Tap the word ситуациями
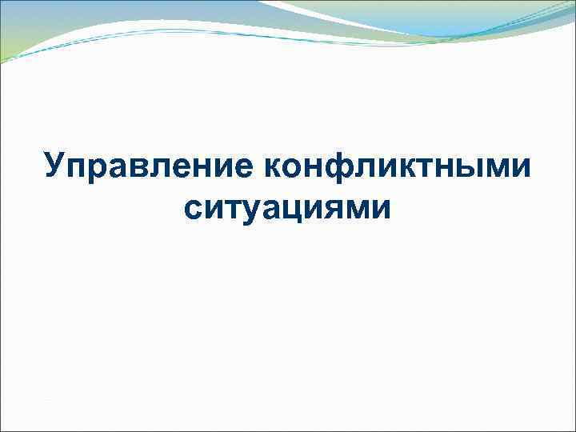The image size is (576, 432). click(288, 207)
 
